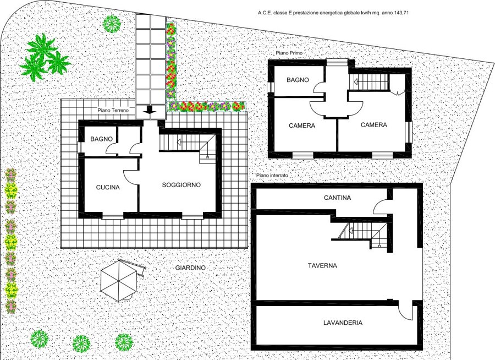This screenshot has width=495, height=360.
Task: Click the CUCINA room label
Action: click(108, 187)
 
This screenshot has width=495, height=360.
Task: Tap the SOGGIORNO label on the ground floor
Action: click(181, 185)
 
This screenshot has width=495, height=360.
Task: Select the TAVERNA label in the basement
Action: click(322, 266)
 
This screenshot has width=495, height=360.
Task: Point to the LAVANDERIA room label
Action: click(343, 323)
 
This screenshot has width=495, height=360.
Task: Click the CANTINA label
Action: click(337, 198)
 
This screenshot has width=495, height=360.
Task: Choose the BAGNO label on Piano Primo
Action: click(298, 80)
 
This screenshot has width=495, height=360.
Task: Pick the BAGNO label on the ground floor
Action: click(101, 139)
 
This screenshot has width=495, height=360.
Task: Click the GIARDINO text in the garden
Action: click(190, 268)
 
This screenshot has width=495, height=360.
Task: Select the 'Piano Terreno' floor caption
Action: click(113, 110)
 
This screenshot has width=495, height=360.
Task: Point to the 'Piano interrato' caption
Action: click(272, 175)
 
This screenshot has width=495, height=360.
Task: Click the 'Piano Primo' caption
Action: click(289, 53)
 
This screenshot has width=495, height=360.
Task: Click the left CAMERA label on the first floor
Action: click(302, 126)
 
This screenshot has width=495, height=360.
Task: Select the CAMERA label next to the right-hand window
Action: click(374, 125)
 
